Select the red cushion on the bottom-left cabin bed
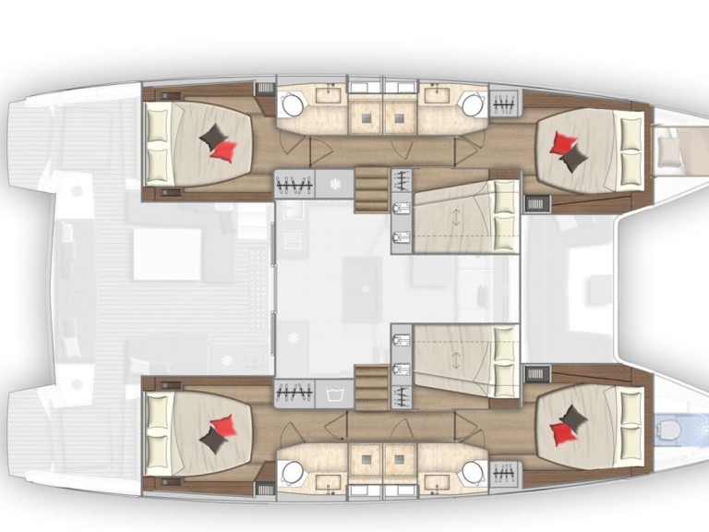(222, 427)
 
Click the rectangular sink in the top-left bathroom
(328, 93)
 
